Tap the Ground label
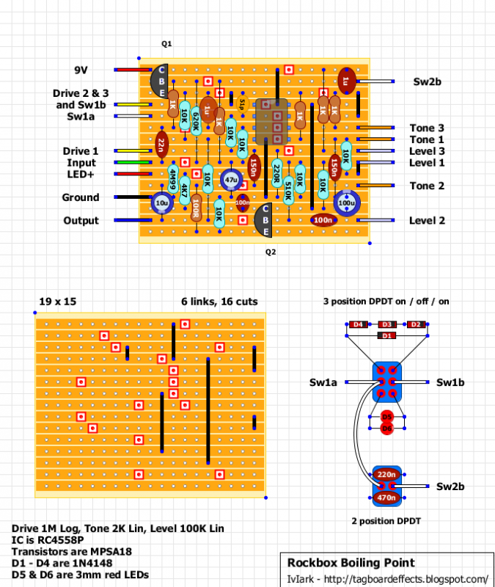pyautogui.click(x=81, y=197)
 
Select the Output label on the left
pyautogui.click(x=81, y=221)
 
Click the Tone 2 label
pyautogui.click(x=427, y=186)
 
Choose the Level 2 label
pyautogui.click(x=427, y=221)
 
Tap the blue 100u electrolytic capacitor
pyautogui.click(x=345, y=203)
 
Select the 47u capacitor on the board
pyautogui.click(x=231, y=179)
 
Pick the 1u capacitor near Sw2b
pyautogui.click(x=346, y=80)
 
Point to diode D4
pyautogui.click(x=358, y=324)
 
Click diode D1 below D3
pyautogui.click(x=387, y=335)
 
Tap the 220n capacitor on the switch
pyautogui.click(x=386, y=475)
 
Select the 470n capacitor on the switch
pyautogui.click(x=386, y=497)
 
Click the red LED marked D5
pyautogui.click(x=386, y=418)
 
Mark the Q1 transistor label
pyautogui.click(x=166, y=44)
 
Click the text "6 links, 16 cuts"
pyautogui.click(x=219, y=301)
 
